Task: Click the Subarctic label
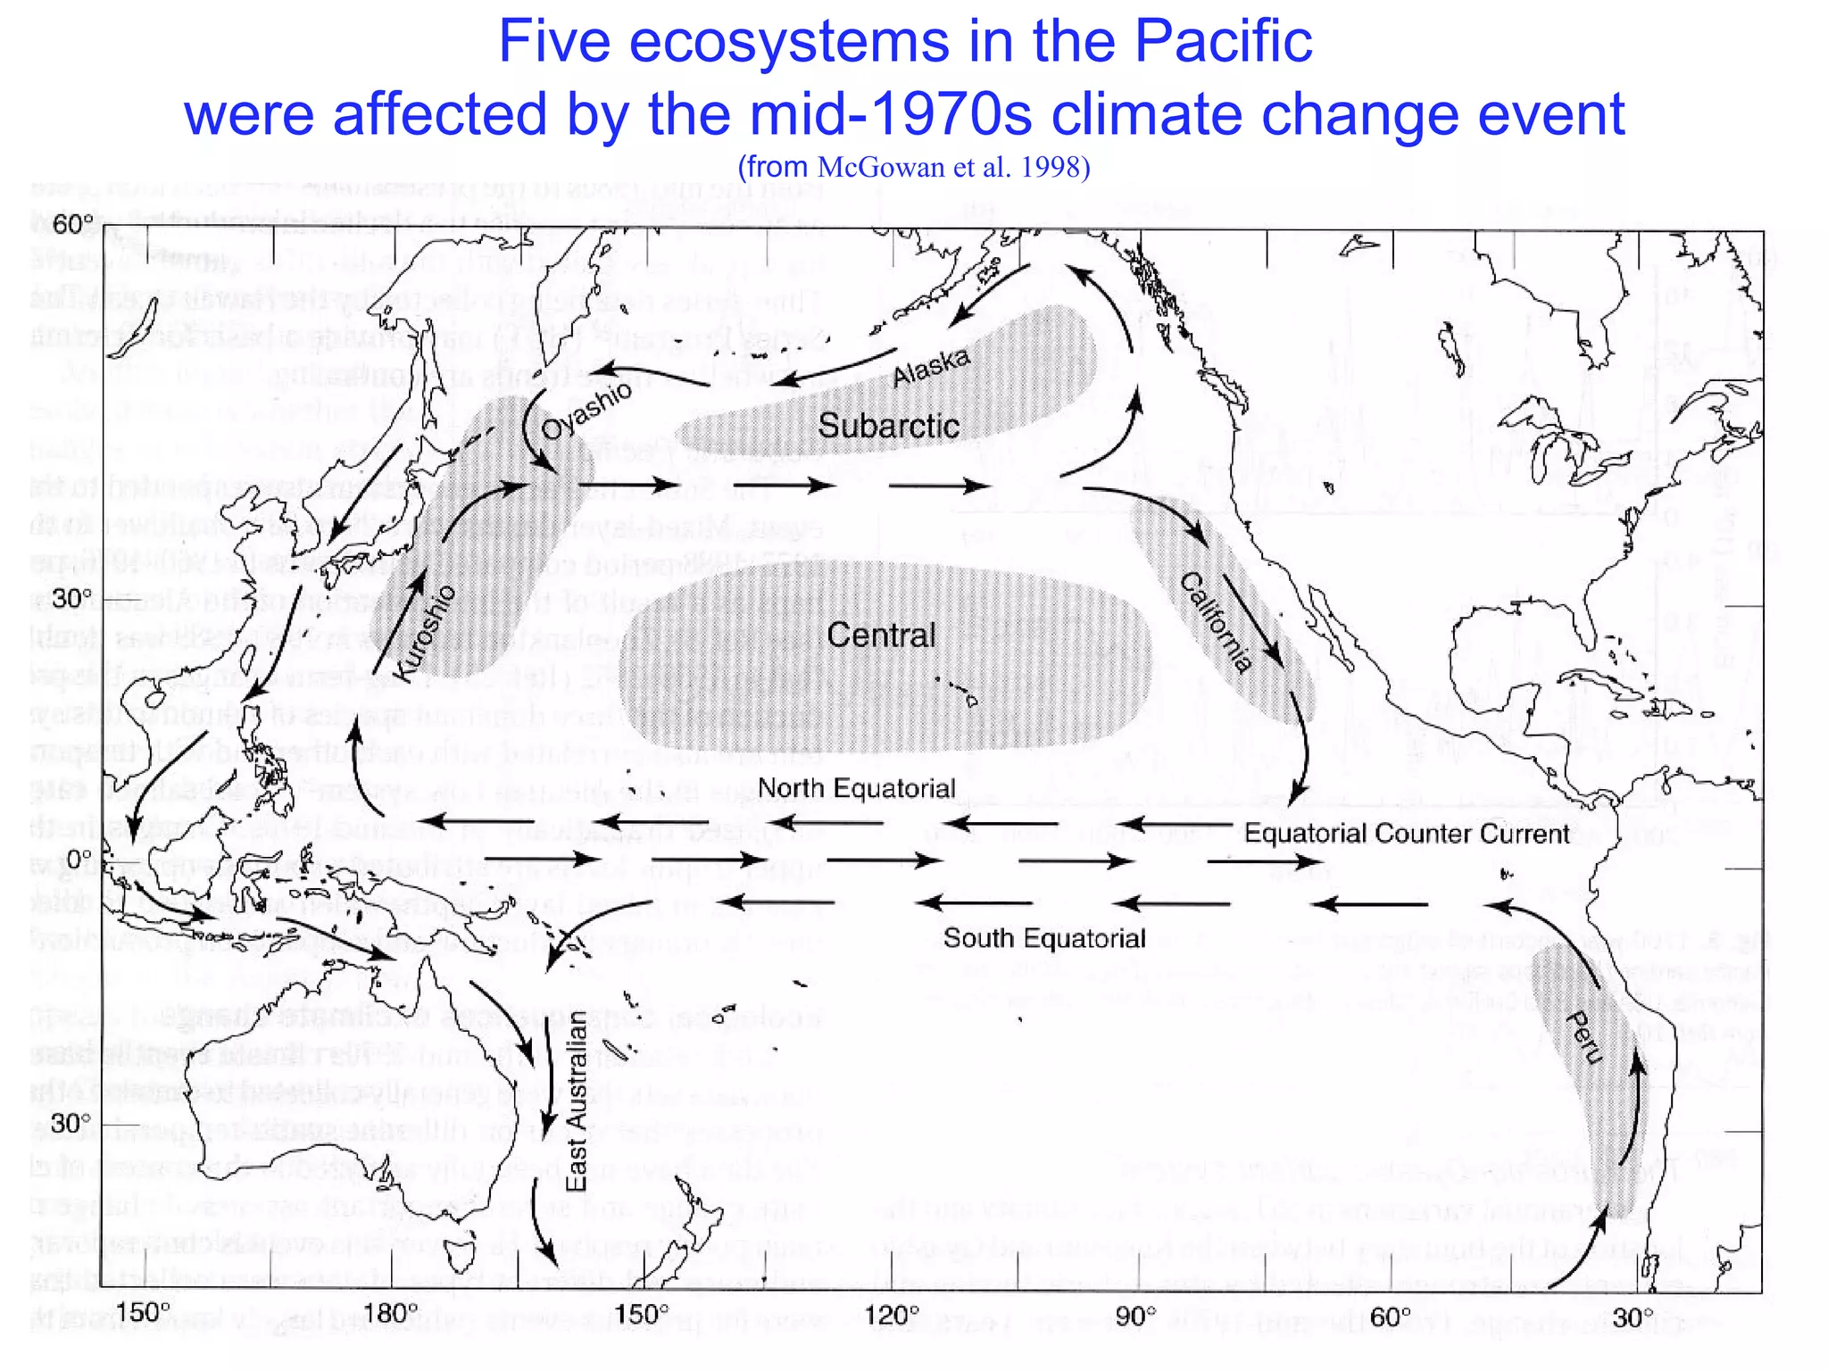[888, 426]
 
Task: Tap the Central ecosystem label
[881, 636]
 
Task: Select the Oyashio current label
[586, 411]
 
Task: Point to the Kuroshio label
[425, 634]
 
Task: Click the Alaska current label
[931, 366]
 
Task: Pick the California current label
[1216, 623]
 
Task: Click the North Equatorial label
[856, 788]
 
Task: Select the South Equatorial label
[1043, 938]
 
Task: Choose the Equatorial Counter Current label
[1407, 834]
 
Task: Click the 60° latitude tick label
[72, 224]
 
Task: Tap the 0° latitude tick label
[79, 859]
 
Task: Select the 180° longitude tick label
[392, 1313]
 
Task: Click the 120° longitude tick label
[891, 1315]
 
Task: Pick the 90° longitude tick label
[1136, 1315]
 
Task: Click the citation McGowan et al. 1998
[953, 167]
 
